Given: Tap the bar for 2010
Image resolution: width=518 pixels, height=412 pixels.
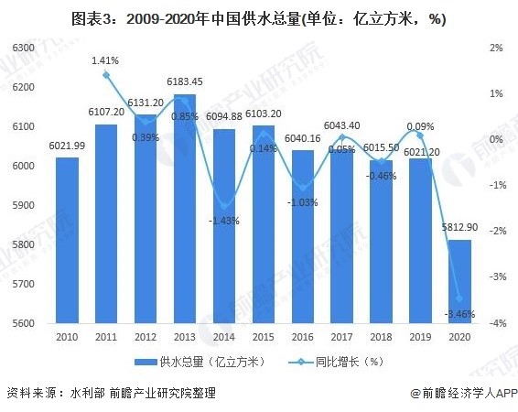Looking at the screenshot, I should click(x=67, y=240).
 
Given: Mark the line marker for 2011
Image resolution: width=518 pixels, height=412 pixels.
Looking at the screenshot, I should click(x=106, y=75).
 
